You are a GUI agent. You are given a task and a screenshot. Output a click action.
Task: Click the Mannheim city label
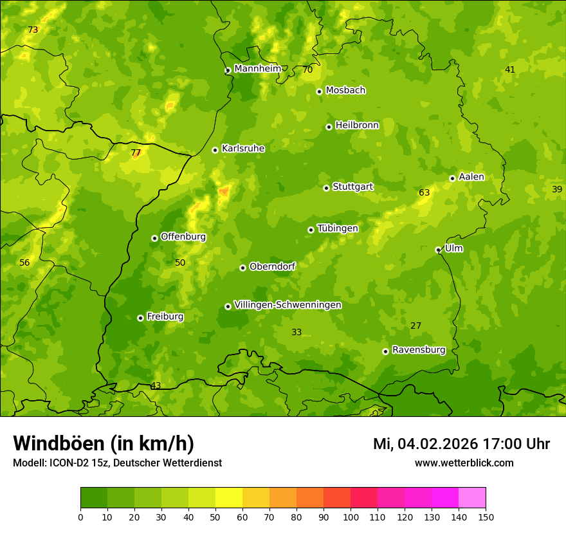click(x=257, y=69)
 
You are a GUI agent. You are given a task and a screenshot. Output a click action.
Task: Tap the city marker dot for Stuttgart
click(x=326, y=188)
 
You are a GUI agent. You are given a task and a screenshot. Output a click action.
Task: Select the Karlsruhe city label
click(x=242, y=149)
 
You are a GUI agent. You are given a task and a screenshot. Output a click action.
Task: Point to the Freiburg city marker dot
click(x=140, y=318)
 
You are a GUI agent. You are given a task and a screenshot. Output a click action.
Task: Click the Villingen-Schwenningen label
click(x=288, y=305)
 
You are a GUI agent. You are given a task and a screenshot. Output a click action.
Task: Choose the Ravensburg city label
click(x=418, y=350)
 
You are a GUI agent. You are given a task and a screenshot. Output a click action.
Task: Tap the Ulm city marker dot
click(x=438, y=250)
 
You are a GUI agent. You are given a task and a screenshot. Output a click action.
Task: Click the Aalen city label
click(x=471, y=177)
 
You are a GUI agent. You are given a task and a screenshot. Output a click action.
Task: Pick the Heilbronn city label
click(x=357, y=125)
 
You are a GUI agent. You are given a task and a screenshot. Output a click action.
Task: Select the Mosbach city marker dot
click(x=319, y=91)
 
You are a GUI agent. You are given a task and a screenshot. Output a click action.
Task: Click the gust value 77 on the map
click(x=136, y=153)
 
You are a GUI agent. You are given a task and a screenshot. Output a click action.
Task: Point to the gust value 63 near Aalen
click(x=424, y=192)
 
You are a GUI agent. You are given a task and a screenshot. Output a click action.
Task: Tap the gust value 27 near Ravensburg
click(x=416, y=326)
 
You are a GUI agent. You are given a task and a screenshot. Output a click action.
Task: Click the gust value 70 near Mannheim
click(x=307, y=69)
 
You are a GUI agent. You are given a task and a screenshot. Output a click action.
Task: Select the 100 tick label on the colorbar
click(x=351, y=517)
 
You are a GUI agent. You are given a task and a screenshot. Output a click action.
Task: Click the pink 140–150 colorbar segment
click(x=472, y=498)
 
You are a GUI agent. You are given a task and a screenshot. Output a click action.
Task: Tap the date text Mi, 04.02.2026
click(x=424, y=444)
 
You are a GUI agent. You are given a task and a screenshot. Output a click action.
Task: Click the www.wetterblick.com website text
click(x=464, y=463)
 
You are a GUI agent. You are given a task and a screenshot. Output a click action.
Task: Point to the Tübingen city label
click(x=337, y=228)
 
